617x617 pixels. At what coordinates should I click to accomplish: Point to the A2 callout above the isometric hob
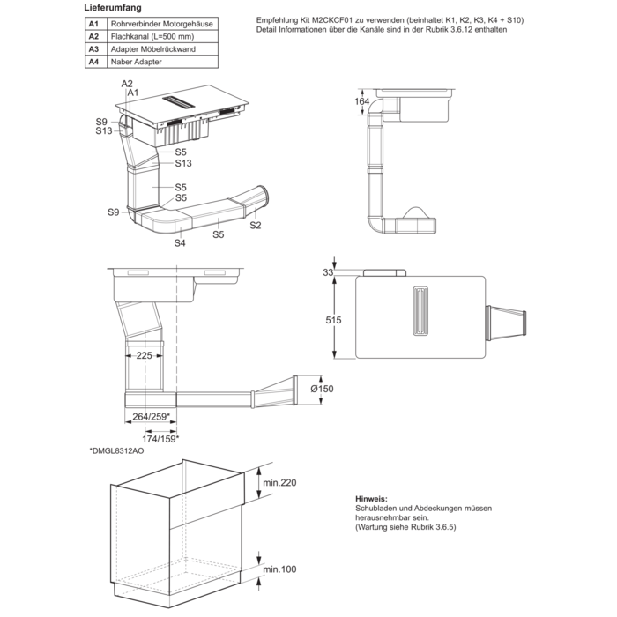tap(125, 82)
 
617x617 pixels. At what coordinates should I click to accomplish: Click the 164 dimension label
tap(362, 101)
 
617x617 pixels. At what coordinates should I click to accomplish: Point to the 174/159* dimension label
tap(161, 437)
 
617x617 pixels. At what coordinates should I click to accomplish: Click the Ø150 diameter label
tap(323, 388)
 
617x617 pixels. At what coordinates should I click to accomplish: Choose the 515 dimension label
tap(333, 320)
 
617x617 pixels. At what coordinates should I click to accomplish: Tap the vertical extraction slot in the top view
tap(423, 310)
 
